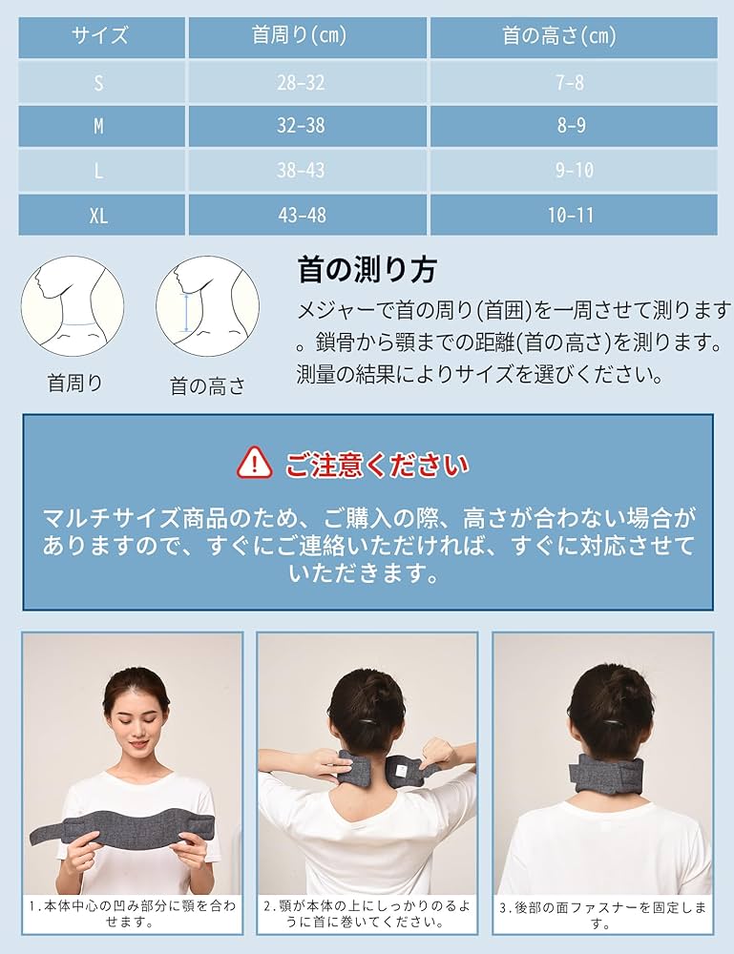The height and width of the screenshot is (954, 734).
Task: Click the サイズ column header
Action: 99,37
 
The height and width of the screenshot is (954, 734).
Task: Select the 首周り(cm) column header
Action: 299,37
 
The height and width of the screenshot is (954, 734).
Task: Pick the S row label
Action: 99,82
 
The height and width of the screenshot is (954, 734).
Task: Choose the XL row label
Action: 99,215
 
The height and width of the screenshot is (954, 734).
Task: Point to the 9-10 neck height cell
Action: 571,171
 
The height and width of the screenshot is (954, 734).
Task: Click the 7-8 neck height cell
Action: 571,82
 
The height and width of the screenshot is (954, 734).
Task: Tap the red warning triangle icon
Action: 255,465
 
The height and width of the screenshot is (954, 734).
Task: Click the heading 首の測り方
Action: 367,270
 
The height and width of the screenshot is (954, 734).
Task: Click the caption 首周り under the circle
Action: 74,383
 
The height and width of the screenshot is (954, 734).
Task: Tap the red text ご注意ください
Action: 377,465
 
